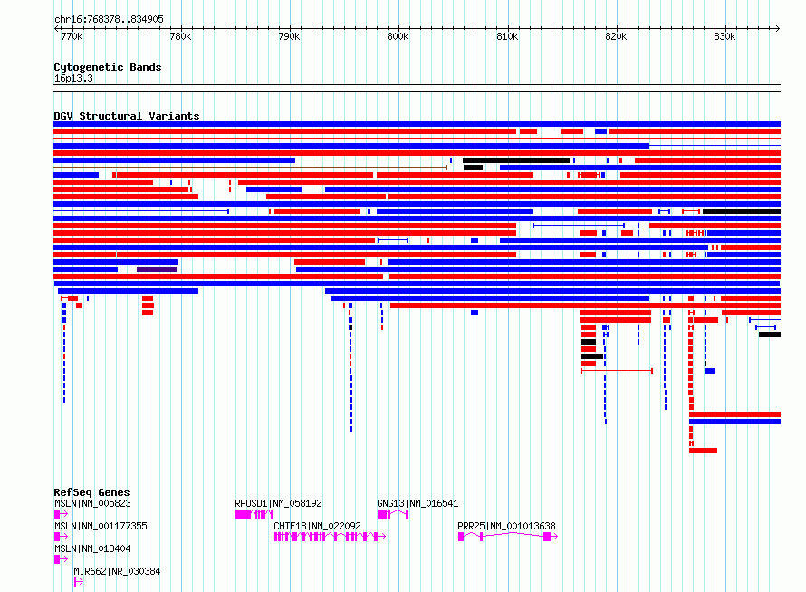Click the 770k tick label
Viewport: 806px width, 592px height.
tap(72, 36)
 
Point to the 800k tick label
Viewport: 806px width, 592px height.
tap(398, 36)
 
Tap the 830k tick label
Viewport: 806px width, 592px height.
tap(724, 36)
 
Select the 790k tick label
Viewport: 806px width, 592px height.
tap(289, 36)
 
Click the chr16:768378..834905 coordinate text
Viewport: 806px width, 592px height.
tap(109, 20)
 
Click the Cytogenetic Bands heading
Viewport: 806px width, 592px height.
tap(108, 67)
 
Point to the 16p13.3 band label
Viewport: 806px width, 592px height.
tap(73, 78)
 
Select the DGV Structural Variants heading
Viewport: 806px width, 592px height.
tap(127, 116)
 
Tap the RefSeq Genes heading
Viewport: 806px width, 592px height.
tap(91, 492)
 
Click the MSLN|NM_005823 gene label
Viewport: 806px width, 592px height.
tap(92, 503)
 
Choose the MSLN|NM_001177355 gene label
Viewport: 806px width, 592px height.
tap(101, 526)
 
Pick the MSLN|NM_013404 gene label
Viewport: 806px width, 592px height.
tap(92, 548)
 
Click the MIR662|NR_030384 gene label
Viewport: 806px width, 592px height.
tap(117, 571)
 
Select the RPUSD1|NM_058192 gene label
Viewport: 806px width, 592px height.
tap(278, 503)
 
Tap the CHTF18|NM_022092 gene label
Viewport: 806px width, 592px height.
tap(317, 526)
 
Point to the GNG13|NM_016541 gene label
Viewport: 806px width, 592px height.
tap(417, 503)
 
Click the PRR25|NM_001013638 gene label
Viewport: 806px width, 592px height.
tap(506, 526)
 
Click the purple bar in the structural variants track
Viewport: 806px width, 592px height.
tap(157, 269)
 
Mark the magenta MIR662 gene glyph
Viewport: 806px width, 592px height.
tap(79, 582)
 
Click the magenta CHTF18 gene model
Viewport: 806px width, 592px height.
tap(330, 537)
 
